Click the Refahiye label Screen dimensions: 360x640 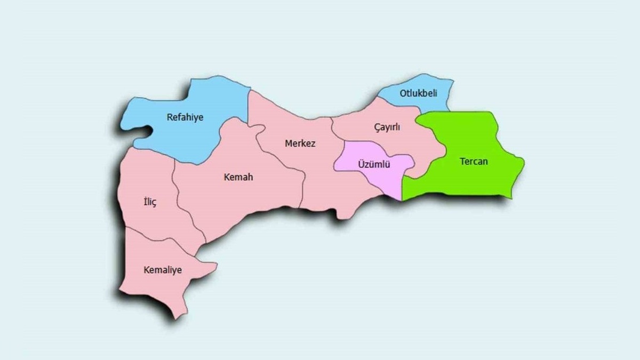[185, 117]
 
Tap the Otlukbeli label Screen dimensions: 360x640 [418, 93]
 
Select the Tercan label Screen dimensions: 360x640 [474, 161]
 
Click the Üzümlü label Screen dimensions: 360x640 [373, 165]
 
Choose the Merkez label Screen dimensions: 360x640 [300, 143]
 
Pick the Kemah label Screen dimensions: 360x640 [238, 177]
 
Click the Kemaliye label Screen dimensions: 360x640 [163, 270]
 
